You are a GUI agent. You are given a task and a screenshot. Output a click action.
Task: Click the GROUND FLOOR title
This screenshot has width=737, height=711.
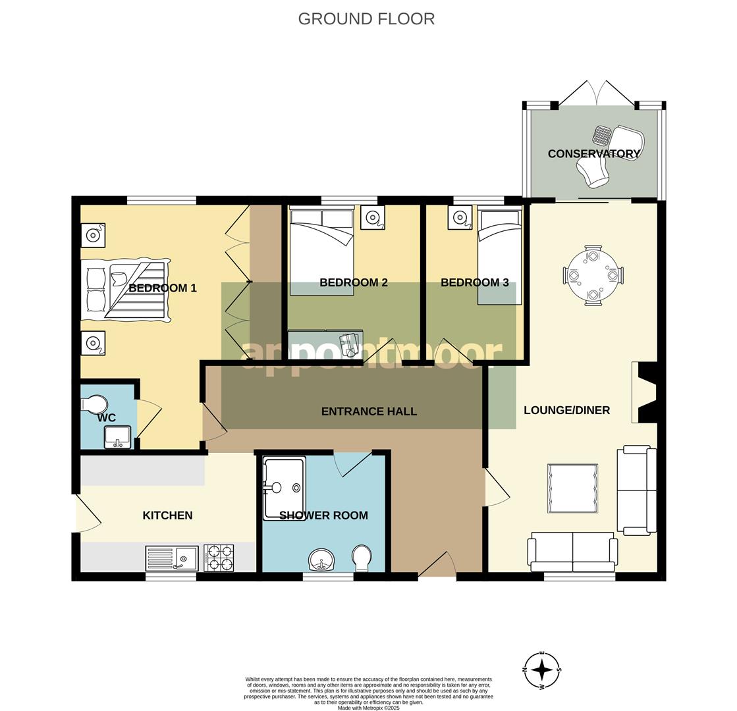pyautogui.click(x=366, y=18)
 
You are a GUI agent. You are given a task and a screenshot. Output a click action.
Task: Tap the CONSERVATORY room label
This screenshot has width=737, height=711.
pyautogui.click(x=593, y=154)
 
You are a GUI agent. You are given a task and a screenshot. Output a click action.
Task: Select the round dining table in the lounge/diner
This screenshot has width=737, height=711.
pyautogui.click(x=593, y=275)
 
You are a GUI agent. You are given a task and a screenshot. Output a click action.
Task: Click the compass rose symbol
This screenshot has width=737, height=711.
pyautogui.click(x=542, y=670)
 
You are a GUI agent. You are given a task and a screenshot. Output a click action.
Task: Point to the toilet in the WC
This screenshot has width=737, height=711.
pyautogui.click(x=96, y=404)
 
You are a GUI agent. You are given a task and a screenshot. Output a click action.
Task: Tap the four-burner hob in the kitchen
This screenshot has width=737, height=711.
pyautogui.click(x=219, y=558)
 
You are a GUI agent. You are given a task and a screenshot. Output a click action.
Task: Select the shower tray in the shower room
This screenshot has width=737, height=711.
pyautogui.click(x=284, y=488)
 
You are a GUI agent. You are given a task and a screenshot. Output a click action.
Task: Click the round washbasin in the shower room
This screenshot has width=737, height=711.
pyautogui.click(x=321, y=560)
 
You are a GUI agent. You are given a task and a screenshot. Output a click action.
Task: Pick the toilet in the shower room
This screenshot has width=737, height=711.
pyautogui.click(x=362, y=558)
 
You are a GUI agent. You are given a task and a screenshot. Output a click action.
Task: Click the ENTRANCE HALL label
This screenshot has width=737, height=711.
pyautogui.click(x=369, y=411)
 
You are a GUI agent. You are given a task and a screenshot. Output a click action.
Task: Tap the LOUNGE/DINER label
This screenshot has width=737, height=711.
pyautogui.click(x=566, y=410)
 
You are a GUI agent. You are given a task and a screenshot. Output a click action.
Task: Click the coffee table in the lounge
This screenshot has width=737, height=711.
pyautogui.click(x=572, y=488)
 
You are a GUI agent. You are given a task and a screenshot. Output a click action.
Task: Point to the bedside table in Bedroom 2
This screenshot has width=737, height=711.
pyautogui.click(x=373, y=217)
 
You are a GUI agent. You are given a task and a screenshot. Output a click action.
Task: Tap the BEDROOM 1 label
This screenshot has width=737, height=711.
pyautogui.click(x=163, y=288)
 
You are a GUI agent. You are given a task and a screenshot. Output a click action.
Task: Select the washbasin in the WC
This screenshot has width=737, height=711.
pyautogui.click(x=118, y=436)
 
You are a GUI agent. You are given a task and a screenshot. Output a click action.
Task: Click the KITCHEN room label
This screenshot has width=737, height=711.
pyautogui.click(x=167, y=515)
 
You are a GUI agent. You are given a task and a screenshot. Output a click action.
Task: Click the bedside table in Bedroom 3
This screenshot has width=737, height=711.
pyautogui.click(x=460, y=217)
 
